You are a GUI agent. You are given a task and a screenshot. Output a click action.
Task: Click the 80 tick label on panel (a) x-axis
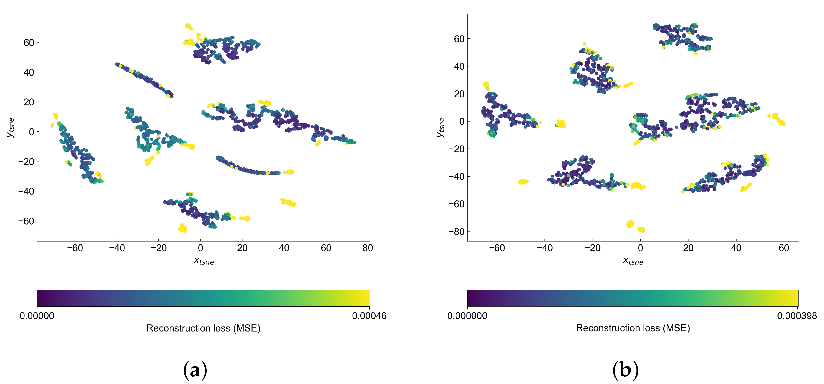367,248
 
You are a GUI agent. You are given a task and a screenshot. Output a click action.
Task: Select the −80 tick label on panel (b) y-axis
457,232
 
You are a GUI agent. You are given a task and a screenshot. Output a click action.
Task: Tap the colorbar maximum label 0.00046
369,316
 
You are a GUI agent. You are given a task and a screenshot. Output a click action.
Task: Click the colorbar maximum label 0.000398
797,316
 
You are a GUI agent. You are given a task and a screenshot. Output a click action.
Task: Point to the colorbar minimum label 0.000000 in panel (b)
467,316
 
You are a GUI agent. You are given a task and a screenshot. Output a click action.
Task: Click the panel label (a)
195,370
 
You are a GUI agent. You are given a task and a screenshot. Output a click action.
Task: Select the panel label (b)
625,370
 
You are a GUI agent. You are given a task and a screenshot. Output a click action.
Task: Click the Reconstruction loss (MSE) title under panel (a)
204,328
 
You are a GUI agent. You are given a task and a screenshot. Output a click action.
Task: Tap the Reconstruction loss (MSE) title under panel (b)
633,328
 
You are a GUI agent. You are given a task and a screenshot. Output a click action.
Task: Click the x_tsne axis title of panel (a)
204,261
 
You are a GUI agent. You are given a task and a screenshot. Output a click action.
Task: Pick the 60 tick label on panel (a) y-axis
29,43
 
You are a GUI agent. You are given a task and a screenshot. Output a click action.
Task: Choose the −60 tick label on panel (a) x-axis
75,248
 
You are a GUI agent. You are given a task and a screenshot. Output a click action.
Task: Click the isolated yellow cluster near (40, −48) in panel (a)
288,202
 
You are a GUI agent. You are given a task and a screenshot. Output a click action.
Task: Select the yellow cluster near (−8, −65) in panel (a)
183,228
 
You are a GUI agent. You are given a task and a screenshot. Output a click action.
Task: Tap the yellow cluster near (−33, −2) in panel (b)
561,124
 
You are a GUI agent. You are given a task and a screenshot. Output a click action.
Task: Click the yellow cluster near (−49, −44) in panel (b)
523,182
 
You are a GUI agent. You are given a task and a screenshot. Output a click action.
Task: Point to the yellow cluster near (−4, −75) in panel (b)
630,224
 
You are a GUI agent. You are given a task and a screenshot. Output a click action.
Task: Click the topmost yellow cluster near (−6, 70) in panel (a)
188,27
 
